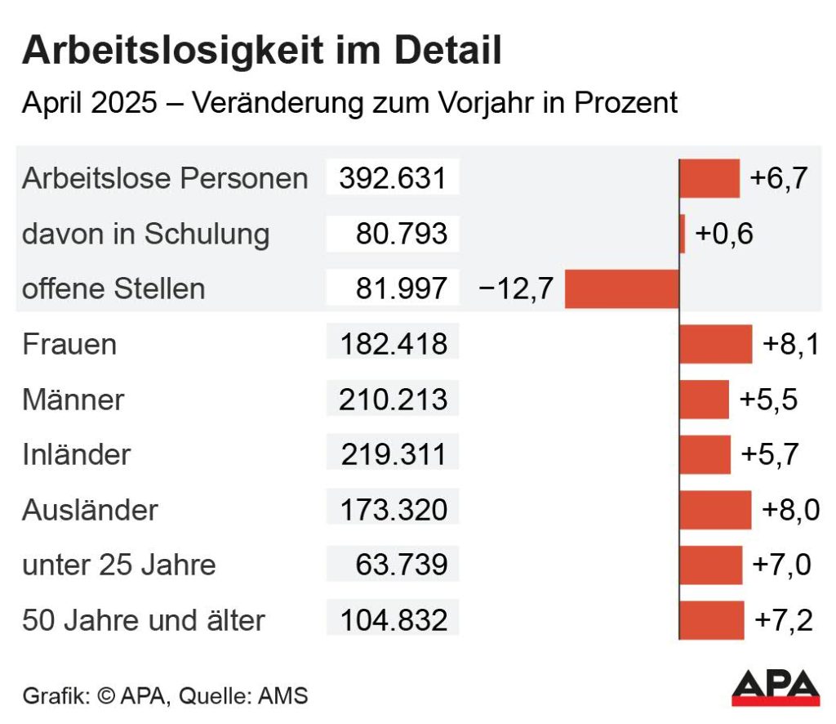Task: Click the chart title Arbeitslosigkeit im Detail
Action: [262, 51]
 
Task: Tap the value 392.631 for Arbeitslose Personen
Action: [393, 178]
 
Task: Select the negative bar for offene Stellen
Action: [621, 289]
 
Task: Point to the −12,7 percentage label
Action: [516, 288]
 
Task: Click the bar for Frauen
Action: [715, 344]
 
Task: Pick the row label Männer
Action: [73, 400]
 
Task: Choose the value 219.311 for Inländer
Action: [393, 454]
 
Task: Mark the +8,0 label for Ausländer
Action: [790, 510]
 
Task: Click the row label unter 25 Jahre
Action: [118, 565]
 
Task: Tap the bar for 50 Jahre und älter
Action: [712, 620]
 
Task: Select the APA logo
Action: [775, 687]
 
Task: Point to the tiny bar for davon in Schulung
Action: [683, 234]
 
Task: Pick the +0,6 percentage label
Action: [723, 234]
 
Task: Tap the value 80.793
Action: [401, 234]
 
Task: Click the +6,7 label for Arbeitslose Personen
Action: [778, 178]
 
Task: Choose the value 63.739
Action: [401, 565]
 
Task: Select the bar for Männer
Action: [704, 400]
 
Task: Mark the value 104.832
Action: [393, 620]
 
